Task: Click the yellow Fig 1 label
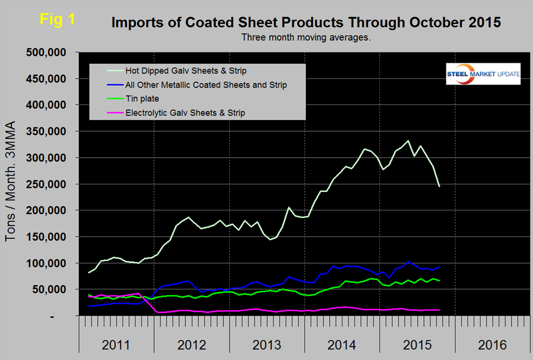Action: click(x=57, y=19)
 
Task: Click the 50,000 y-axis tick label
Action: click(x=53, y=289)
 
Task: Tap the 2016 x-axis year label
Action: click(x=492, y=345)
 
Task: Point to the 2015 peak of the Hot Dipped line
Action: click(x=408, y=141)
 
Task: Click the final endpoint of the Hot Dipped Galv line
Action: click(x=439, y=186)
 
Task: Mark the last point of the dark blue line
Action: click(x=439, y=267)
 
